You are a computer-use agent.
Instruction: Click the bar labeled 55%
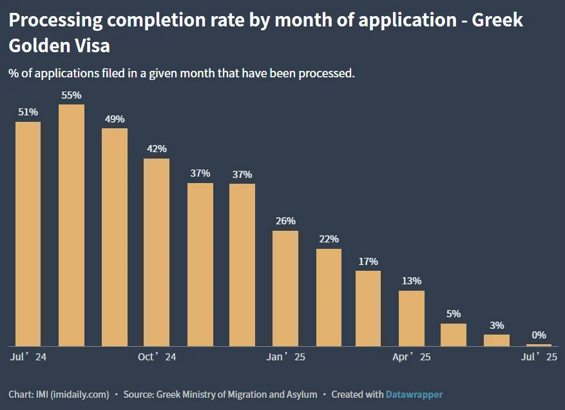click(x=72, y=225)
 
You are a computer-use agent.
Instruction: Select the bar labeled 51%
click(x=28, y=233)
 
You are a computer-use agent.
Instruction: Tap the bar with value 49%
click(x=115, y=237)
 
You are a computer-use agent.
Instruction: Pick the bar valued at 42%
click(x=157, y=252)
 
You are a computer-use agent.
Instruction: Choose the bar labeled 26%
click(x=285, y=288)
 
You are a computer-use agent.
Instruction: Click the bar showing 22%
click(x=329, y=297)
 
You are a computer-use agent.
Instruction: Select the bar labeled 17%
click(x=369, y=308)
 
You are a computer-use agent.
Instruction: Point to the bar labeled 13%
click(x=412, y=318)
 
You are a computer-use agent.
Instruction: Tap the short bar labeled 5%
click(x=454, y=335)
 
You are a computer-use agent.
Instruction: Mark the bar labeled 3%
click(x=497, y=340)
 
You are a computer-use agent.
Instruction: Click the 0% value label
click(x=539, y=335)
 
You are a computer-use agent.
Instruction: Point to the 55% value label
click(x=72, y=95)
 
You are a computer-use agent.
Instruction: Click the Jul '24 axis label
click(x=28, y=356)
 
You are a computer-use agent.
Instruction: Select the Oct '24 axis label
click(x=157, y=356)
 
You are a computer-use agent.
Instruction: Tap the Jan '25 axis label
click(x=286, y=356)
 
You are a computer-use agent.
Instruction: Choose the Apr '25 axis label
click(x=412, y=356)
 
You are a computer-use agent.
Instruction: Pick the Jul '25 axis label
click(x=539, y=356)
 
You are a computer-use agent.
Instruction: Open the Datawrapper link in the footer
click(x=414, y=394)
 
